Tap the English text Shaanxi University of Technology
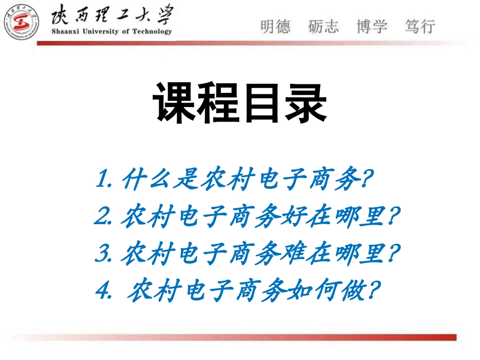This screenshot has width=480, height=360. coord(112,31)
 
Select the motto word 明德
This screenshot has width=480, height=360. coord(276,26)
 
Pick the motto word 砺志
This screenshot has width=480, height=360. coord(323,26)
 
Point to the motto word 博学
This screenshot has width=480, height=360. coord(371,26)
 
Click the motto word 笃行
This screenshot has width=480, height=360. coord(419,26)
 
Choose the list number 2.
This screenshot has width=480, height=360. coord(103,217)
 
